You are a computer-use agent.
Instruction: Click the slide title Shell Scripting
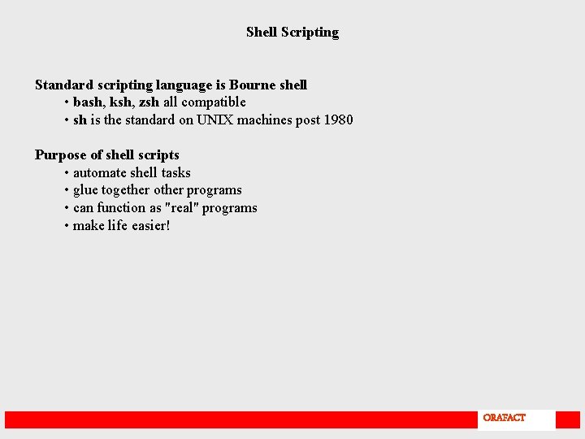[292, 33]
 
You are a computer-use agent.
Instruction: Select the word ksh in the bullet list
[122, 102]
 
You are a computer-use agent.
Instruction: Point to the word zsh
[149, 102]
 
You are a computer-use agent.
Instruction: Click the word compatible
[214, 102]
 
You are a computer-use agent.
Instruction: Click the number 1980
[338, 120]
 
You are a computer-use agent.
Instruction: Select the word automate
[100, 173]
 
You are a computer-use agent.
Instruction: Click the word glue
[85, 190]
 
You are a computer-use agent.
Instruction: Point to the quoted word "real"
[182, 208]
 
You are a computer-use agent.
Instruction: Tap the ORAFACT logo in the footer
[504, 418]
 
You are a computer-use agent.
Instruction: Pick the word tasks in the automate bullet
[176, 173]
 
